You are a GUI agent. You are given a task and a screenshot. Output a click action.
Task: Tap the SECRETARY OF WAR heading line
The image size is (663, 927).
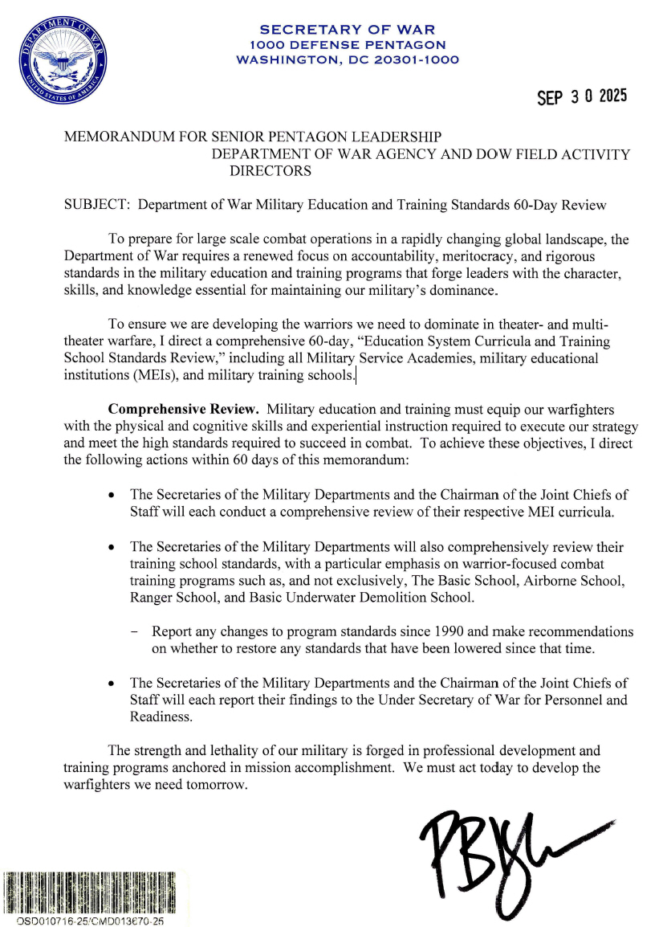(x=348, y=30)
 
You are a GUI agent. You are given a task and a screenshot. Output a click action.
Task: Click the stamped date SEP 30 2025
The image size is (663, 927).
(x=582, y=96)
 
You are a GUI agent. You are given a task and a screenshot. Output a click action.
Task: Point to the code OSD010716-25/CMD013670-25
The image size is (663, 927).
(x=89, y=921)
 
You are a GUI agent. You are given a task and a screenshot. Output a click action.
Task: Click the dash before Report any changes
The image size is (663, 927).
(x=134, y=631)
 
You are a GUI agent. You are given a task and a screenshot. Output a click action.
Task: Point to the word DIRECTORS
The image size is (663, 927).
(x=270, y=171)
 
